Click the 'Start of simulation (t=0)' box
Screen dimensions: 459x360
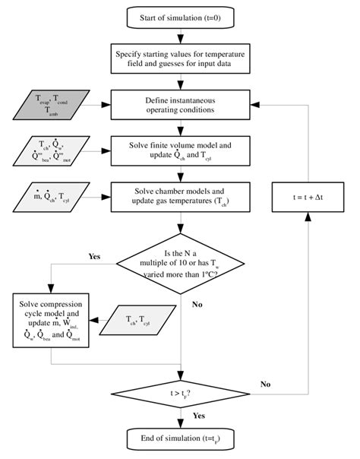click(x=181, y=17)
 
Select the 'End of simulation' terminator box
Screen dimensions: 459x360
click(x=181, y=438)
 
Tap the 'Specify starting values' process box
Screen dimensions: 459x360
click(x=181, y=59)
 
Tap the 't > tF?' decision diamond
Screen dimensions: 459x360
click(x=181, y=394)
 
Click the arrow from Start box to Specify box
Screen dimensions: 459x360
click(x=181, y=36)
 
